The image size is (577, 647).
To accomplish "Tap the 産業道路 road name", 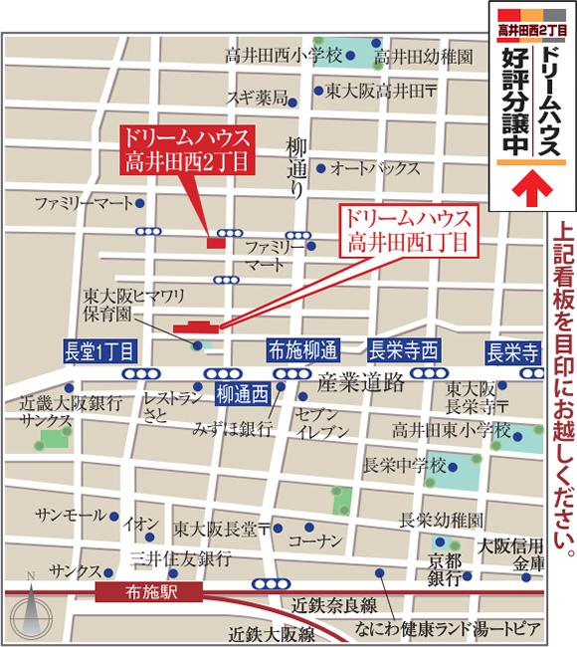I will (x=360, y=382).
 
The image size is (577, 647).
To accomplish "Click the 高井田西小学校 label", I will (x=284, y=54).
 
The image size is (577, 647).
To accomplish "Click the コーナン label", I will (x=315, y=540).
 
